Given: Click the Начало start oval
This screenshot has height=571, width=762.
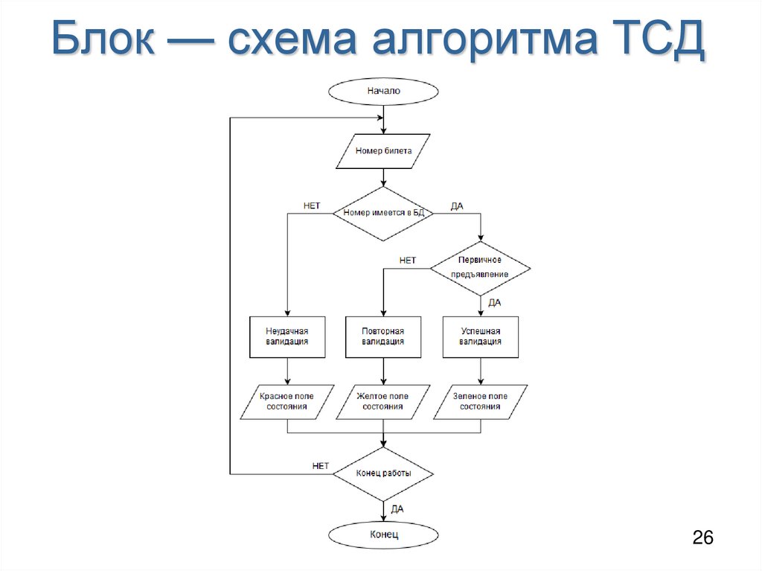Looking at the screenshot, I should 383,91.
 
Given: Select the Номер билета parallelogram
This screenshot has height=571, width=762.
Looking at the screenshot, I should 383,151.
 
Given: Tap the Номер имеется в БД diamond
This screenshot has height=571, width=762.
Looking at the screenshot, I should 382,213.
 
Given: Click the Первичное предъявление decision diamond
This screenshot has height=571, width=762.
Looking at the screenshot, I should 480,267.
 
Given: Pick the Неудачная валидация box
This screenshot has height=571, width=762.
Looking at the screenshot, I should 286,336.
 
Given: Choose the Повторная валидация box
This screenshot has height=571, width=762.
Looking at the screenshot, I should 383,336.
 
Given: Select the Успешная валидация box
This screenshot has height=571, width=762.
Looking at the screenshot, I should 480,336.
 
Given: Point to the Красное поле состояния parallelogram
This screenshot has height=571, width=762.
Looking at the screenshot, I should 286,402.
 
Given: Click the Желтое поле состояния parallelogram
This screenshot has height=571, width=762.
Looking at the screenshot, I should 383,402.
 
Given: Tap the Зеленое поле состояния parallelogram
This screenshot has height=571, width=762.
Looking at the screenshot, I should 480,402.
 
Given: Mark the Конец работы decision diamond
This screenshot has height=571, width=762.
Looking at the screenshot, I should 383,473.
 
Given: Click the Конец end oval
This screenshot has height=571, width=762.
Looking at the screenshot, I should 383,535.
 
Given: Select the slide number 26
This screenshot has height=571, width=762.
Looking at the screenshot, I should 702,537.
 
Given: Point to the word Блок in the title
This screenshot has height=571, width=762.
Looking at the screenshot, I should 104,41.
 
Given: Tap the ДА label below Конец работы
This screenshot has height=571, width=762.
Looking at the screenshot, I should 397,509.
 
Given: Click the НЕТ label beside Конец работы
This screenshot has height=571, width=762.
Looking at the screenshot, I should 321,466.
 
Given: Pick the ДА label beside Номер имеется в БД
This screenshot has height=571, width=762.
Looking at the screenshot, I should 457,205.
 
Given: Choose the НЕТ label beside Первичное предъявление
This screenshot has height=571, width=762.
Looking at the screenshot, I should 408,261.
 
